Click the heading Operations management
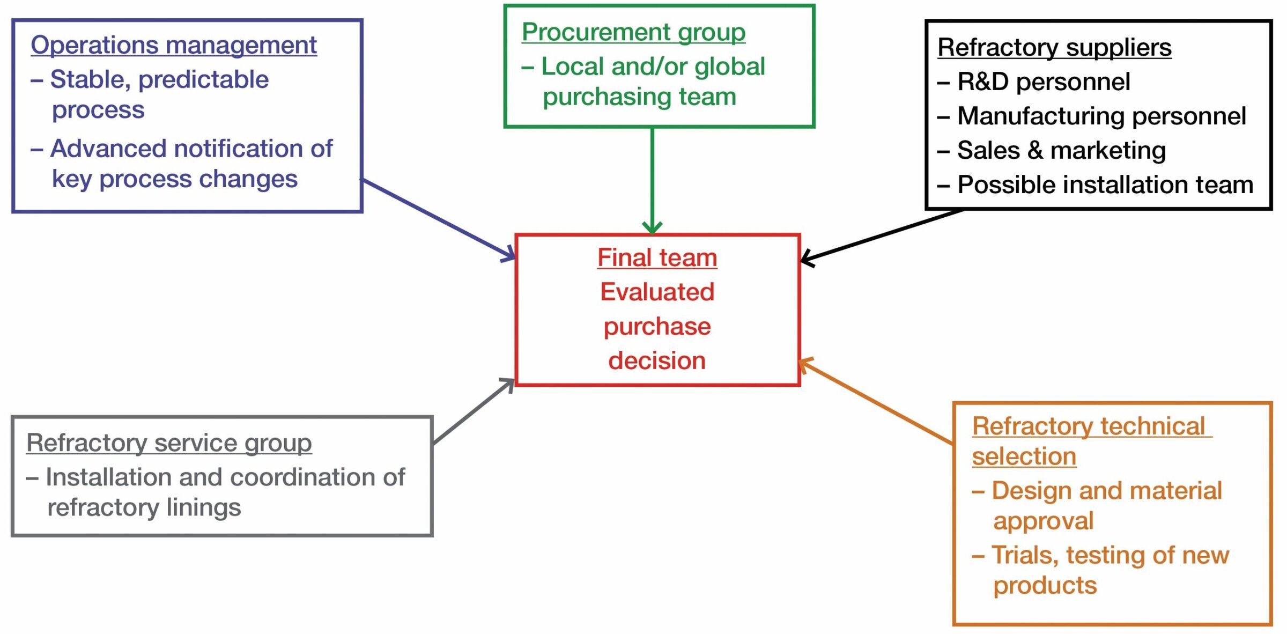[x=173, y=45]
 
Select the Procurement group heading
[x=633, y=32]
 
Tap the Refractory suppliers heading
[x=1054, y=48]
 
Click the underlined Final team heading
[x=657, y=258]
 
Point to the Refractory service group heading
[x=169, y=444]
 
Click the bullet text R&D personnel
[x=1043, y=82]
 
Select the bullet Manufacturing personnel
[x=1101, y=116]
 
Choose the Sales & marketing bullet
[x=1061, y=151]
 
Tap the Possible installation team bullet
[x=1105, y=185]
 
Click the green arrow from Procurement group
[x=652, y=177]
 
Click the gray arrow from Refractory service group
[x=472, y=412]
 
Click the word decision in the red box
[x=657, y=361]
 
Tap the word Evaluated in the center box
[x=657, y=292]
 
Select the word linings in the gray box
[x=203, y=507]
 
